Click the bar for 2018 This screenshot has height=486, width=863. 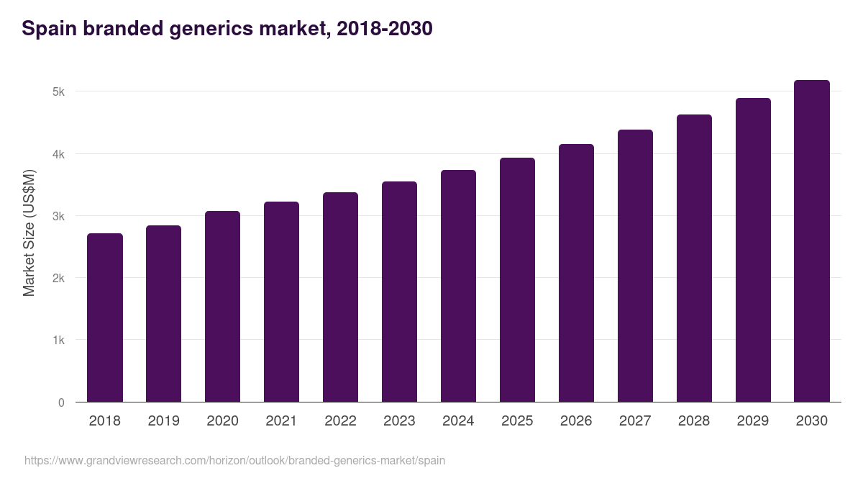tap(105, 318)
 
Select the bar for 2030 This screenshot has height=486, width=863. tap(812, 241)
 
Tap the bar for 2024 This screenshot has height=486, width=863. tap(458, 286)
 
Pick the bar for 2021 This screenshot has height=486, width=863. tap(281, 302)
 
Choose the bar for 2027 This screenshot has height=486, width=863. tap(635, 266)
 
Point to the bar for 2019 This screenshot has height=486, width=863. tap(163, 314)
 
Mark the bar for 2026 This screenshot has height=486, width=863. tap(576, 273)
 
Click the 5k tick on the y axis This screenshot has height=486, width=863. tap(58, 92)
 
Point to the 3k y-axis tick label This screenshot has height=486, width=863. tap(58, 216)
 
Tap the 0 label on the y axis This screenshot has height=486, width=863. tap(61, 402)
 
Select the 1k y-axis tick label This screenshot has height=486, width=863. tap(58, 341)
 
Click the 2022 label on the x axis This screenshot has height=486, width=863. tap(340, 421)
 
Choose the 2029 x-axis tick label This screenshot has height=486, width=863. tap(753, 421)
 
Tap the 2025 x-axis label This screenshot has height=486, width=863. tap(517, 421)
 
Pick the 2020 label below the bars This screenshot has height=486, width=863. tap(222, 421)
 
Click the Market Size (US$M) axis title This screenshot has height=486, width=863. tap(29, 233)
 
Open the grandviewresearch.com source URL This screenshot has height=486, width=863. tap(234, 460)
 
